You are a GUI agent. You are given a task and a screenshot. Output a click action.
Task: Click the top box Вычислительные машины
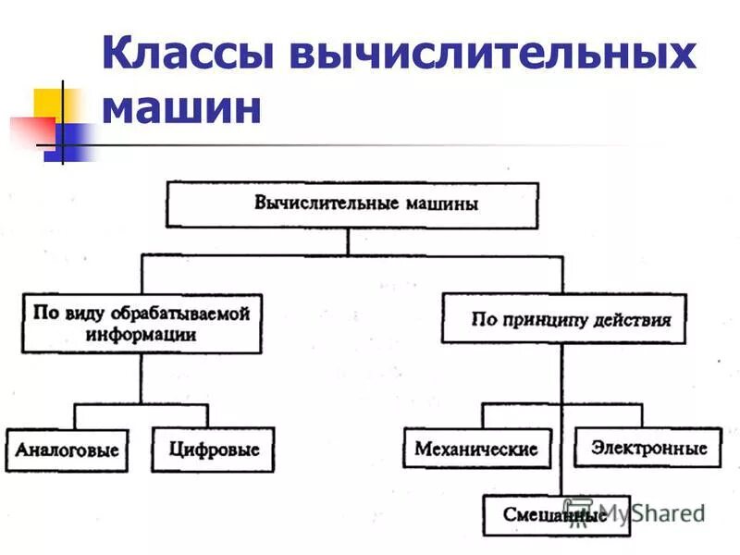[x=351, y=204]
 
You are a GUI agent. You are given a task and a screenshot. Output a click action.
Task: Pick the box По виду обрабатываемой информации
[x=141, y=324]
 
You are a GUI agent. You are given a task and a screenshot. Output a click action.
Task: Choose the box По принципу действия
[x=563, y=319]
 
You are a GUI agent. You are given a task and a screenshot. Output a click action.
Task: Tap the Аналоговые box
[x=67, y=450]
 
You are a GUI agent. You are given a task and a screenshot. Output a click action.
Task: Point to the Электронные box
[x=647, y=448]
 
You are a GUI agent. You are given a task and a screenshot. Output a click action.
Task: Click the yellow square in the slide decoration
[x=51, y=109]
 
